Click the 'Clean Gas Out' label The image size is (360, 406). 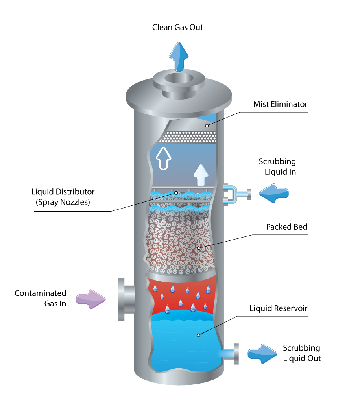coord(178,28)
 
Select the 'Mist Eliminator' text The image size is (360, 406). coord(281,105)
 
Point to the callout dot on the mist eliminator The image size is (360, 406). coord(207,125)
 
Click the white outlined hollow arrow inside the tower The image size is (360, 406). coord(164,158)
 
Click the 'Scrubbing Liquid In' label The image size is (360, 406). coord(277,167)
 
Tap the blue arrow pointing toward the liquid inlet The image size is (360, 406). coord(274,193)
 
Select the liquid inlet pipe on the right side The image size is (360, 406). coord(236,194)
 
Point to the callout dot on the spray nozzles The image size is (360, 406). coord(176,193)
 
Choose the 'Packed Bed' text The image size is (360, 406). coord(286,227)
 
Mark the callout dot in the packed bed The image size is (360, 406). coord(199,248)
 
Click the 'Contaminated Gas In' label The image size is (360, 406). coord(41,298)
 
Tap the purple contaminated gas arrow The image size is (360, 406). coord(91,299)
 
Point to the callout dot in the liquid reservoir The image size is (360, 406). coord(199,335)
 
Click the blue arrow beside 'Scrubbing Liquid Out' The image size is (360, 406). coord(262,353)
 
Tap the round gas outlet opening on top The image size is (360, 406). coord(178,78)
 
